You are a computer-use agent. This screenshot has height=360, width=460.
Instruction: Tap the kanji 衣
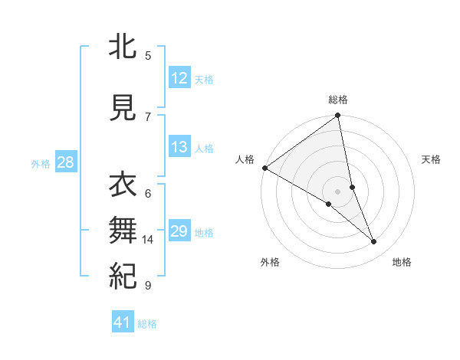tap(123, 185)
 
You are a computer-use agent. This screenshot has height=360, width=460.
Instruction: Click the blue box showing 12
tap(179, 77)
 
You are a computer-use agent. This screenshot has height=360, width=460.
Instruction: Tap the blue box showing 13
tap(179, 148)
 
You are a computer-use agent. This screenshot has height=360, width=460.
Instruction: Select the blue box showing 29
tap(179, 231)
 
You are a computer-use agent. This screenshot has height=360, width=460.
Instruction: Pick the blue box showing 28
tap(65, 162)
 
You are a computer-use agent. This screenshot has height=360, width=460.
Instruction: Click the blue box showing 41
tap(123, 322)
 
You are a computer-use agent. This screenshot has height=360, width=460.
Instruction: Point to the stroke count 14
tap(148, 240)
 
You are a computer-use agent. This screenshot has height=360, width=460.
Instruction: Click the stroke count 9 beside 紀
tap(148, 286)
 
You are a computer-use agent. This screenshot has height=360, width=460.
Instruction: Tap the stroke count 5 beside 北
tap(148, 55)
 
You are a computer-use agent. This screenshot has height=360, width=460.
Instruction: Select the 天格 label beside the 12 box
tap(204, 79)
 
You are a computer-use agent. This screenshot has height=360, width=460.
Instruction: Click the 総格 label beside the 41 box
tap(147, 324)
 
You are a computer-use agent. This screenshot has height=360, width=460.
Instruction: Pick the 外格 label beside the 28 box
tap(41, 163)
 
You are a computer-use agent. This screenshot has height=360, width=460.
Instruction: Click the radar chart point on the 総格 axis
tap(338, 116)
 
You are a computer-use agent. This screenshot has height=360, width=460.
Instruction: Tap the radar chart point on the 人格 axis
tap(264, 168)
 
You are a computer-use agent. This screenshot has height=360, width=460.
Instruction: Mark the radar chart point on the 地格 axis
tap(374, 242)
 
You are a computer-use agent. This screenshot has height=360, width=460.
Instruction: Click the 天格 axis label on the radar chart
tap(432, 159)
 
